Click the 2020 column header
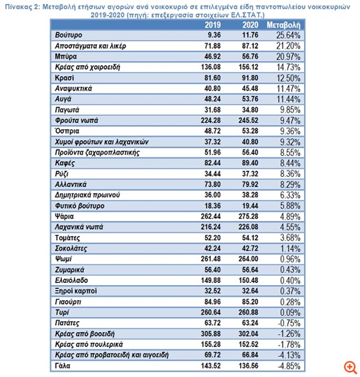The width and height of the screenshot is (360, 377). pyautogui.click(x=250, y=25)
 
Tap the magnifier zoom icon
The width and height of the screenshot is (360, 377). pyautogui.click(x=349, y=367)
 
